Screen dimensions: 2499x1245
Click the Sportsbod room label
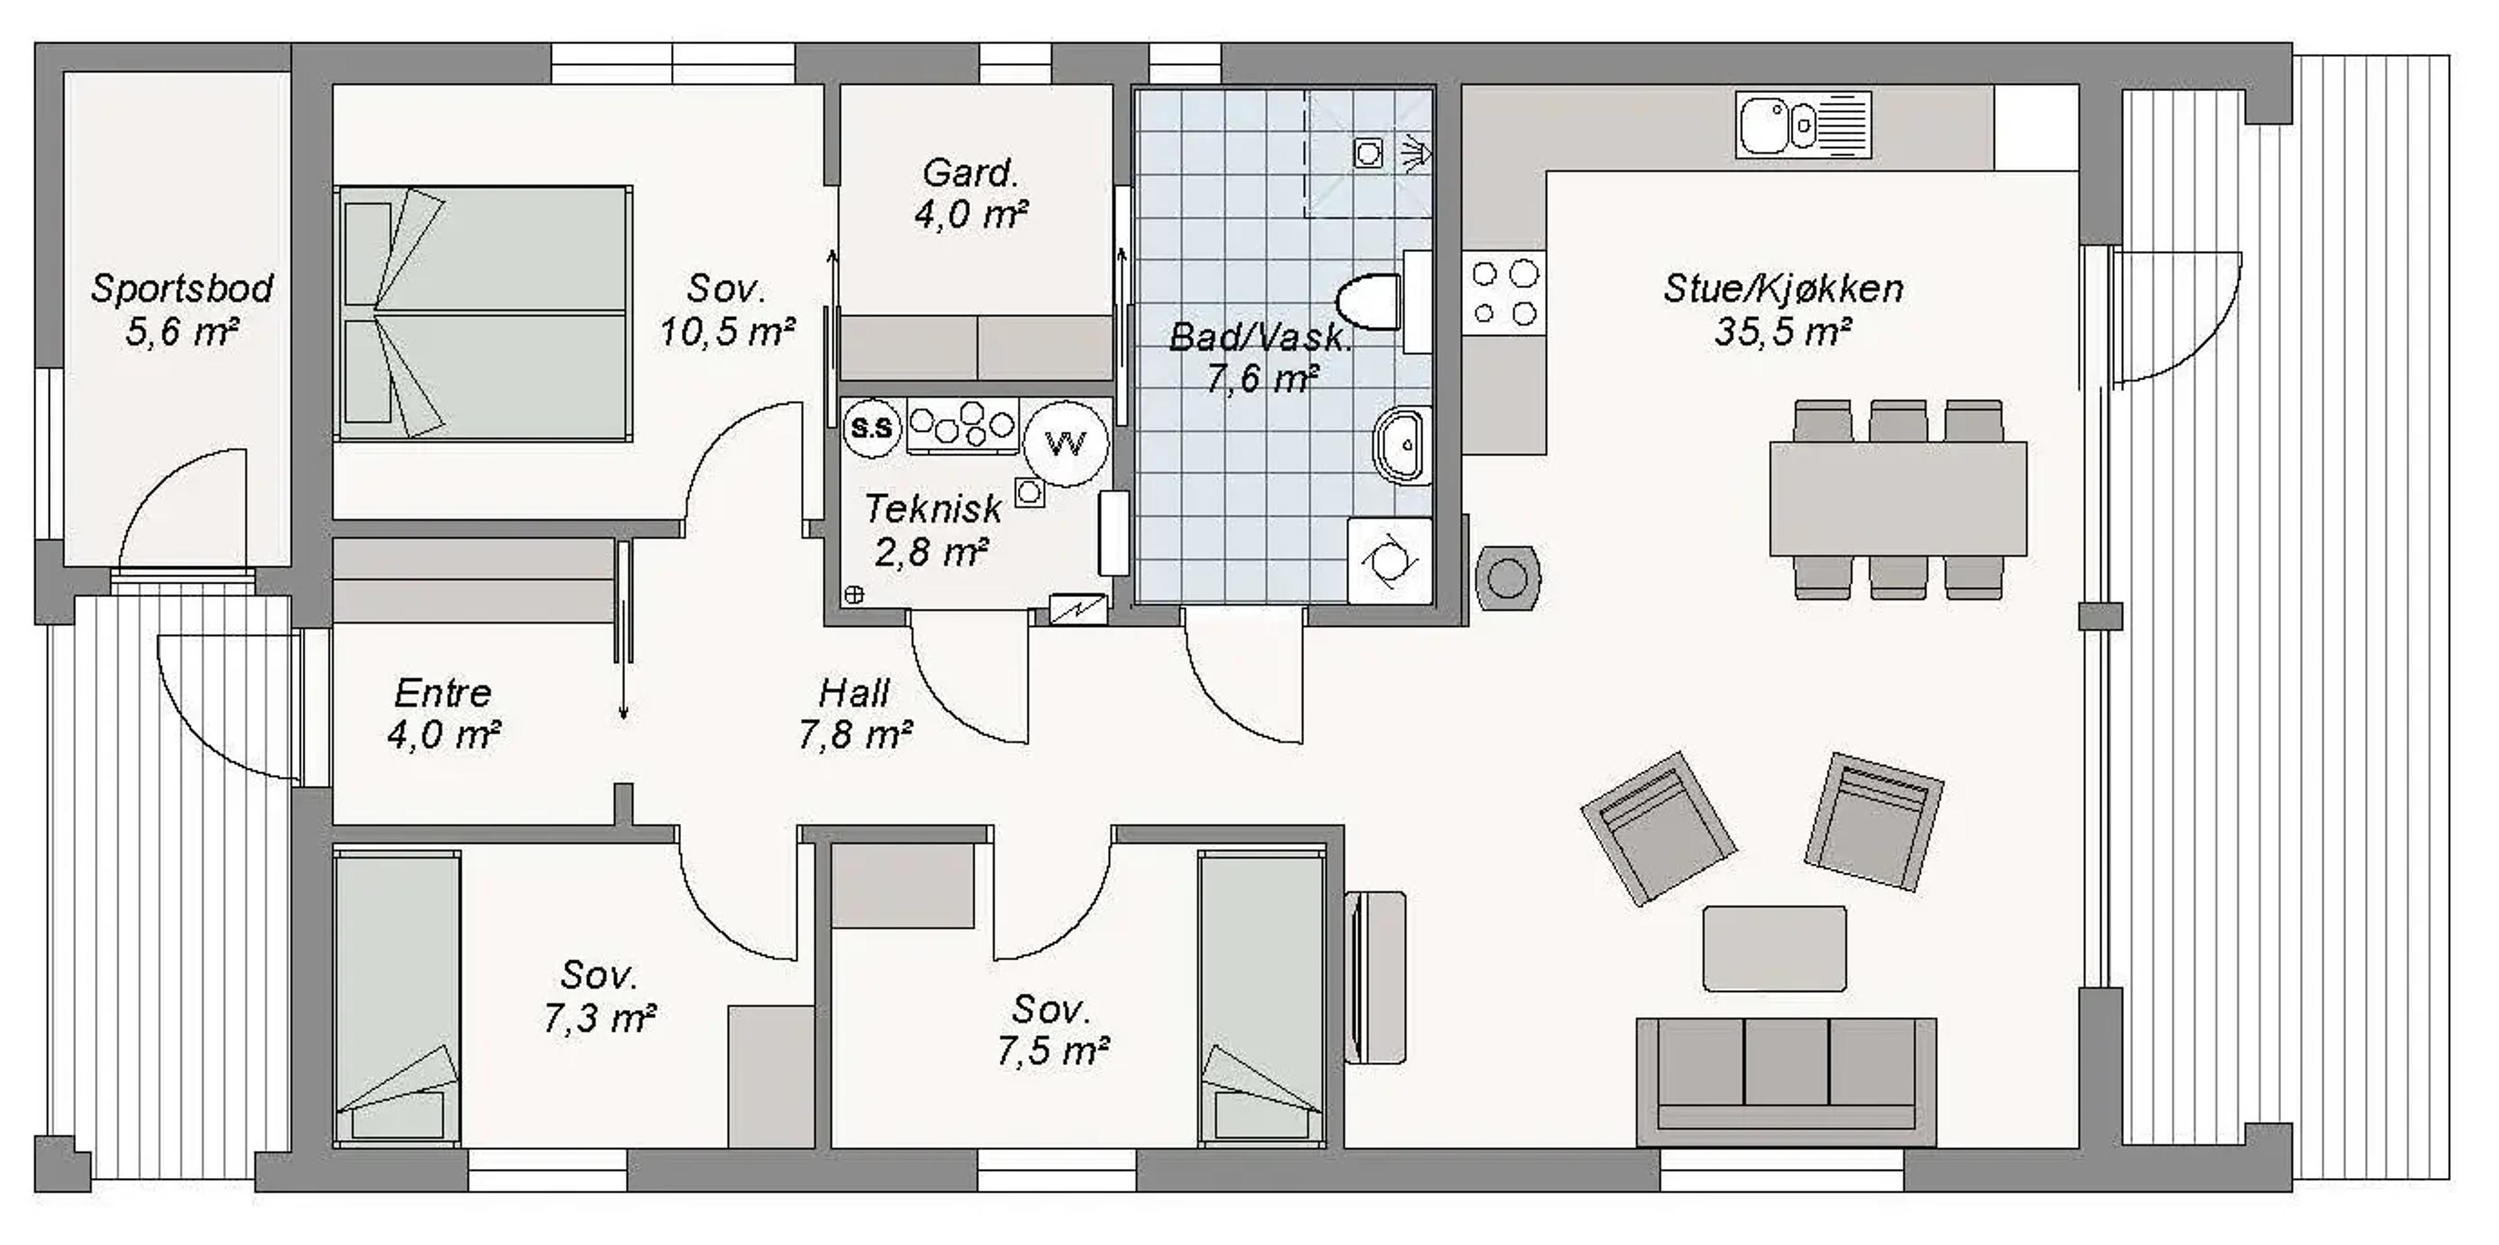coord(182,288)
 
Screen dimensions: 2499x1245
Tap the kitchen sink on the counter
coord(1803,125)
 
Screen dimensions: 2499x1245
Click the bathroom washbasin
coord(1402,445)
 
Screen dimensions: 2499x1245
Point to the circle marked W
coord(1066,443)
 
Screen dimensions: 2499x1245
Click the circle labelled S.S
coord(871,427)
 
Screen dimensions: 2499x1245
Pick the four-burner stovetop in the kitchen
coord(1504,293)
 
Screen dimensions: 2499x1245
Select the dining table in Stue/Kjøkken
coord(1898,499)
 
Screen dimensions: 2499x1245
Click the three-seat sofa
coord(1786,1081)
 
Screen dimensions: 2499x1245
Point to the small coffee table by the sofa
coord(1774,948)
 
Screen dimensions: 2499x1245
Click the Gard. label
coord(970,174)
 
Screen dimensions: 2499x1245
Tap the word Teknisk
coord(933,509)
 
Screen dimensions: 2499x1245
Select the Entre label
coord(443,693)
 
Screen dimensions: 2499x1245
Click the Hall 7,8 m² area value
coord(854,734)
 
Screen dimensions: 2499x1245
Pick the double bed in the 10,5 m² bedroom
coord(483,313)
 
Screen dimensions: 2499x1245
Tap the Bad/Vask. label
coord(1260,337)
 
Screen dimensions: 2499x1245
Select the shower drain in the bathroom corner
coord(1368,152)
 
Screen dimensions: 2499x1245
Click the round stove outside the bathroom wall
coord(1508,578)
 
